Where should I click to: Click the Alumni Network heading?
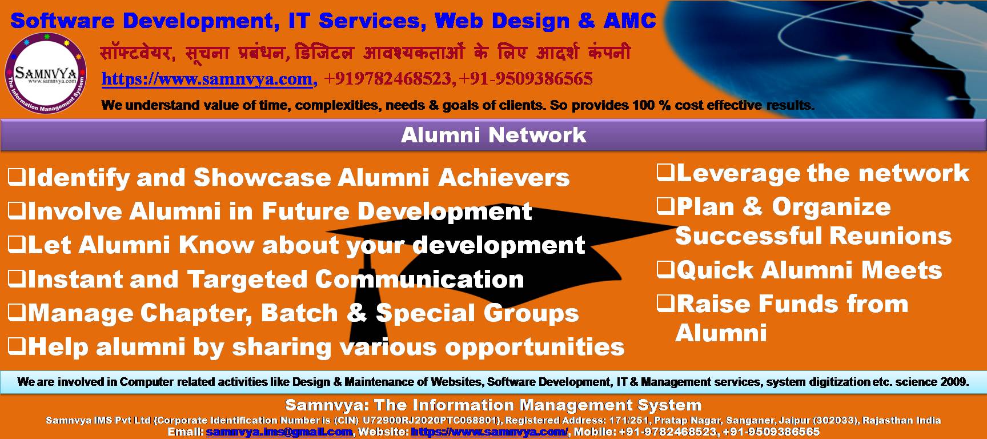coord(493,135)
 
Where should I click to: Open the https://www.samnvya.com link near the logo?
coord(208,79)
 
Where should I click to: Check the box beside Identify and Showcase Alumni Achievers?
coord(17,177)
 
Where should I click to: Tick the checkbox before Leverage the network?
coord(665,173)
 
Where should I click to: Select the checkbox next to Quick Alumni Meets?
coord(665,269)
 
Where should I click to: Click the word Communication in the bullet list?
coord(419,280)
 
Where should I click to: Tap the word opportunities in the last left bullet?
coord(535,347)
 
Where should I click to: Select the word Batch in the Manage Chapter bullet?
coord(300,313)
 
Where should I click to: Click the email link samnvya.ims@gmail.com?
coord(279,432)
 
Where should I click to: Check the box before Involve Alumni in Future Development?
coord(17,211)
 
